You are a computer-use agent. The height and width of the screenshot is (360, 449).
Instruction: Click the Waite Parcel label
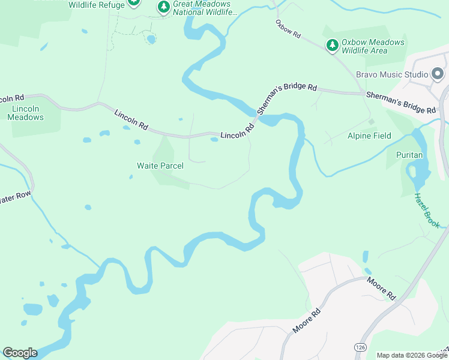click(x=160, y=166)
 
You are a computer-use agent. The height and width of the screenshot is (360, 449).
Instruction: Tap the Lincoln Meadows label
click(x=25, y=113)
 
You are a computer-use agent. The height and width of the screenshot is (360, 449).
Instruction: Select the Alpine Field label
click(x=369, y=136)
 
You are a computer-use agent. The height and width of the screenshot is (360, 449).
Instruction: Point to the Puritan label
click(x=409, y=155)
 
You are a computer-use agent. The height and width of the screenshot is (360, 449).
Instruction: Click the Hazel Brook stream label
click(x=427, y=211)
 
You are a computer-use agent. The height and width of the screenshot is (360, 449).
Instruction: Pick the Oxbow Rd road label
click(x=288, y=29)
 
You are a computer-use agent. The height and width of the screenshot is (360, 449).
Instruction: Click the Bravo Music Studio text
click(x=392, y=74)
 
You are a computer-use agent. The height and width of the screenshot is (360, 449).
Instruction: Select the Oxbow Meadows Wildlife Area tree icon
click(x=332, y=45)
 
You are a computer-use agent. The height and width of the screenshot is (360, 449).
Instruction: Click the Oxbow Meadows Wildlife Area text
click(x=372, y=46)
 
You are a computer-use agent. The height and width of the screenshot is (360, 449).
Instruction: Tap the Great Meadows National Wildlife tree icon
click(x=163, y=7)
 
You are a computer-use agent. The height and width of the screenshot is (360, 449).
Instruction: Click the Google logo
click(x=20, y=353)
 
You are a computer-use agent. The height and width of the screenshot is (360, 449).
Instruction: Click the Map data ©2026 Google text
click(x=412, y=355)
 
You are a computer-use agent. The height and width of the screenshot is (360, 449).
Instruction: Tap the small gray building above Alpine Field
click(x=371, y=122)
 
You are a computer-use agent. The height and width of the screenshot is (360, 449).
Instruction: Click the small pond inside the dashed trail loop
click(x=151, y=40)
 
